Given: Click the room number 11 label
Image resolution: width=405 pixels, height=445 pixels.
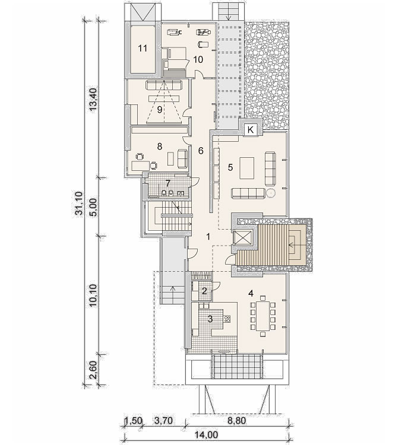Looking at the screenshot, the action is (143, 48).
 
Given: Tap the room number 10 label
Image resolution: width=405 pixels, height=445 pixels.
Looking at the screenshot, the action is (198, 59).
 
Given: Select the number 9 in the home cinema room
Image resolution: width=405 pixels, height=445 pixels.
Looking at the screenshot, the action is (160, 110).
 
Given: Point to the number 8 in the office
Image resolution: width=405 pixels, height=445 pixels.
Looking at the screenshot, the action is (159, 147).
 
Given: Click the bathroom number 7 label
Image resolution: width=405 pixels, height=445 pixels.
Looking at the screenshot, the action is (168, 183).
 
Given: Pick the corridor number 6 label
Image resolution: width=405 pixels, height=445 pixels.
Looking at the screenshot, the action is (201, 151).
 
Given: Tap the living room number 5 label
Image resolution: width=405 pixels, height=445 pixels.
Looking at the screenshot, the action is (230, 167).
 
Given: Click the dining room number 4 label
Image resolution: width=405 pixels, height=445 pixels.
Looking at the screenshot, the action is (251, 294).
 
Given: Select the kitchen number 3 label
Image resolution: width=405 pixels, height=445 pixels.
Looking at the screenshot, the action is (210, 319).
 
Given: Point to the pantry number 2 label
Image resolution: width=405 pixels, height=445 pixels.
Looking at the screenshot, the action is (204, 291).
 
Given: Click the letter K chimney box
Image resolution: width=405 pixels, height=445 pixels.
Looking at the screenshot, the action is (251, 130).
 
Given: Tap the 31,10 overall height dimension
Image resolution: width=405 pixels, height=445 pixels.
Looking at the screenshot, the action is (79, 203).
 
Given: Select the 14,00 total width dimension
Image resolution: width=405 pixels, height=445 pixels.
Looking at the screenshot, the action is (206, 434).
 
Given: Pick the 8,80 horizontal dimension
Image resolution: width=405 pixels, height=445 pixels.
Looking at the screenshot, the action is (236, 420).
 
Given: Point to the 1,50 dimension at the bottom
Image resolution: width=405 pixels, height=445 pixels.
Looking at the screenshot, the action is (133, 420).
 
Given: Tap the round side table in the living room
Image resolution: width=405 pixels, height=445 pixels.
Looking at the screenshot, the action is (271, 193).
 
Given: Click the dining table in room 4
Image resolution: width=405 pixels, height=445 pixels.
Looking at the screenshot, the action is (263, 316).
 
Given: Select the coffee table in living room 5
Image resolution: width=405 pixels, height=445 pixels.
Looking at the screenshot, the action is (247, 168).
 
